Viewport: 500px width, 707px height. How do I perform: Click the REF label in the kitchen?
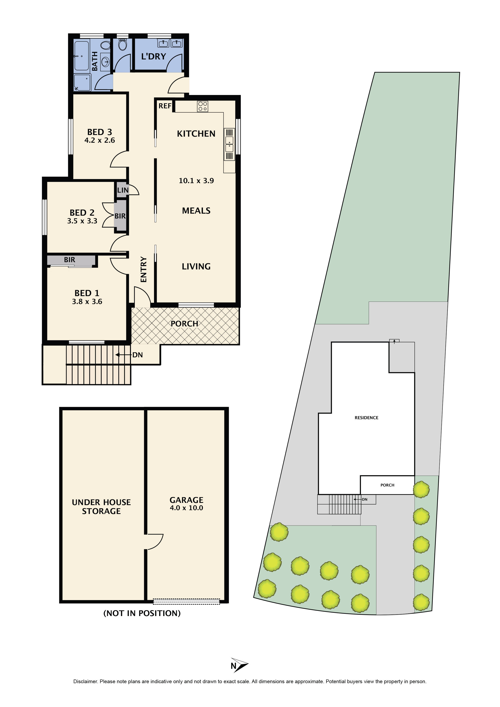(165, 106)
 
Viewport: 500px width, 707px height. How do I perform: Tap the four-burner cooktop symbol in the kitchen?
(203, 106)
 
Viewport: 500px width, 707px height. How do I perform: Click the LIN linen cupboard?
(122, 190)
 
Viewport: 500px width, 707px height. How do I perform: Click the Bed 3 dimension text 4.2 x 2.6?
(99, 140)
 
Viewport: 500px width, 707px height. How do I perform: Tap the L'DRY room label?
(153, 57)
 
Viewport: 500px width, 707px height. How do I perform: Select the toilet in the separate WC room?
(122, 45)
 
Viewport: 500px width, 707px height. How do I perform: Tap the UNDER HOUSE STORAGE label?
(101, 507)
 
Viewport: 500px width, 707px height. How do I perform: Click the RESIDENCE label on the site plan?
(366, 418)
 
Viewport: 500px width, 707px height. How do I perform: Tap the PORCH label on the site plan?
(387, 485)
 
